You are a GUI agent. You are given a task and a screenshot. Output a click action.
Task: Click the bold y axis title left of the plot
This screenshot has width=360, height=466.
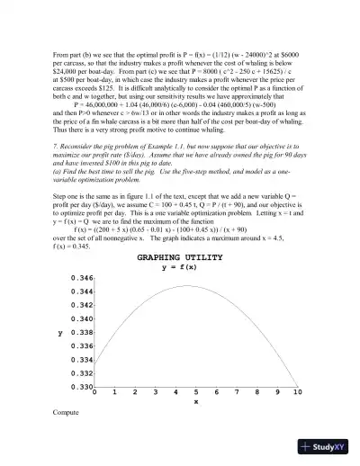point(59,333)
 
